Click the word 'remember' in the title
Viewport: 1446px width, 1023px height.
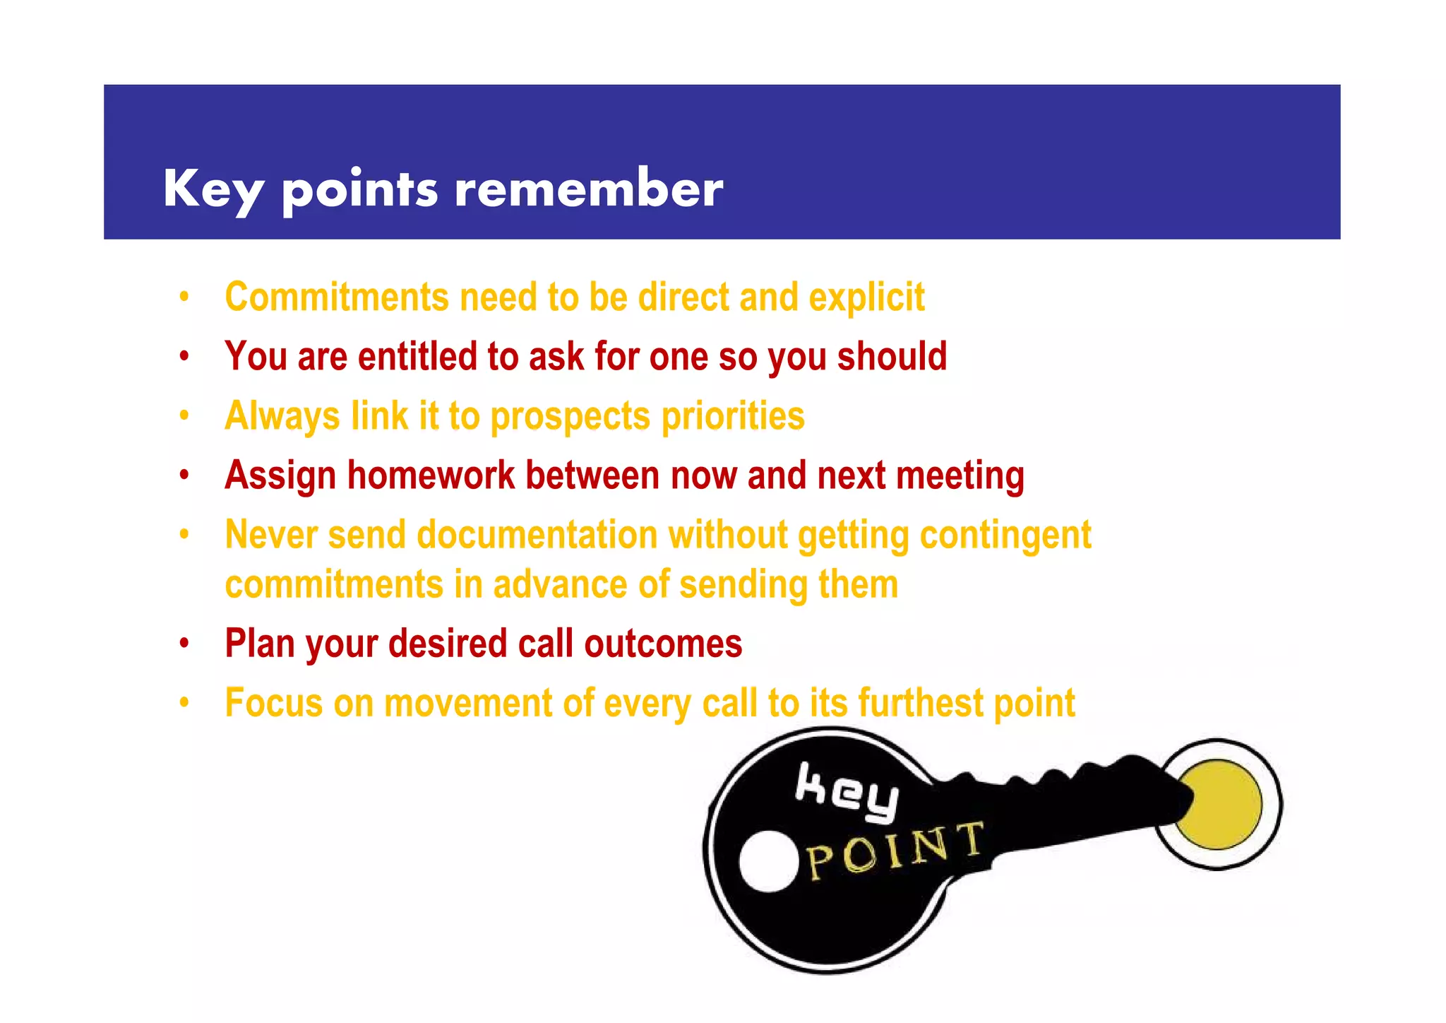[589, 189]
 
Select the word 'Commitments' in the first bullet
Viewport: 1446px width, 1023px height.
[337, 297]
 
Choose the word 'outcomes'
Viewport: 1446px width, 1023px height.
[663, 644]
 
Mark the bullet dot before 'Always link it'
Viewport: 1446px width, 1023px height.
[184, 415]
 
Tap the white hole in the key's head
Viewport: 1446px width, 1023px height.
[768, 861]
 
